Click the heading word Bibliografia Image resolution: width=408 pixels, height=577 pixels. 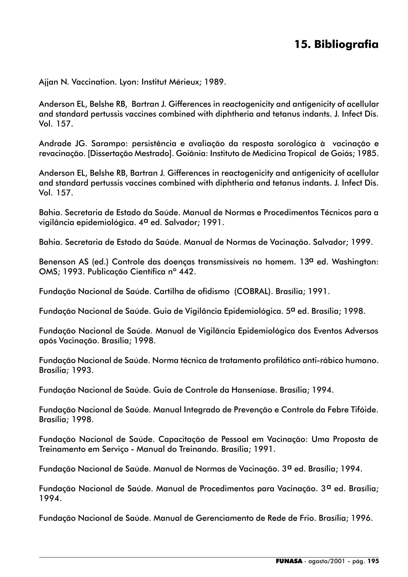pyautogui.click(x=346, y=45)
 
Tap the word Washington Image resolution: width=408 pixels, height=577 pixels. pyautogui.click(x=355, y=262)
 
